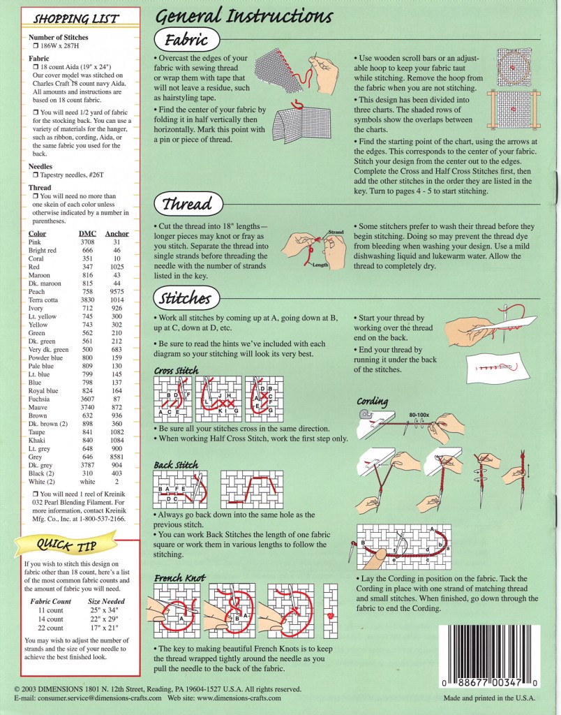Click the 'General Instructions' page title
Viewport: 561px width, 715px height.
(x=244, y=15)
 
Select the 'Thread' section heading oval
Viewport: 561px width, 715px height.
(x=186, y=205)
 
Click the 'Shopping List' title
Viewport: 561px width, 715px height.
(x=77, y=18)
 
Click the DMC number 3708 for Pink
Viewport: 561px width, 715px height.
(x=88, y=241)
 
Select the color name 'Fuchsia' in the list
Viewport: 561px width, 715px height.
(x=41, y=398)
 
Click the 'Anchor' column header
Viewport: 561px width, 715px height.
(x=117, y=233)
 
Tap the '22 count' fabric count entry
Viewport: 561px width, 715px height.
(x=51, y=626)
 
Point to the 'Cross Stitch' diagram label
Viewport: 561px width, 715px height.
(x=176, y=370)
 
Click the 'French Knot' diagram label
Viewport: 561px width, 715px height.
(x=179, y=578)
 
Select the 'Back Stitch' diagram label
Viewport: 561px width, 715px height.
(x=176, y=464)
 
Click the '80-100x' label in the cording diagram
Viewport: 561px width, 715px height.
(x=419, y=415)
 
